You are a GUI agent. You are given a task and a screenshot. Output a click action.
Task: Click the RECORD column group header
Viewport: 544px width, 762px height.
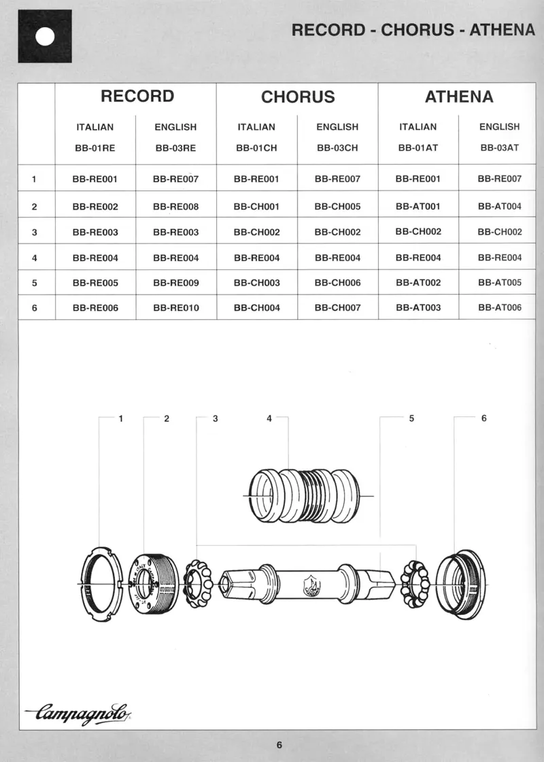coord(137,96)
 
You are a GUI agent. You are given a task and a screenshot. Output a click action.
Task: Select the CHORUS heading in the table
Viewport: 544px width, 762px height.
coord(298,97)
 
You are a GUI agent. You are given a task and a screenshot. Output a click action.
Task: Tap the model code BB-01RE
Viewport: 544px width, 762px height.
coord(95,147)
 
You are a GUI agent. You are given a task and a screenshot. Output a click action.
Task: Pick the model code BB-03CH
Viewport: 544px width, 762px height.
coord(337,147)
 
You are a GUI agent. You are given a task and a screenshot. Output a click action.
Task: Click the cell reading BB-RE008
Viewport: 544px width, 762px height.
coord(175,206)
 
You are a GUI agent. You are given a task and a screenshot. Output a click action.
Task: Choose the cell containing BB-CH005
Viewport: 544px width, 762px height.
coord(337,206)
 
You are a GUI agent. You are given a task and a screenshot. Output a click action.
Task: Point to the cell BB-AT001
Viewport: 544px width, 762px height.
coord(418,206)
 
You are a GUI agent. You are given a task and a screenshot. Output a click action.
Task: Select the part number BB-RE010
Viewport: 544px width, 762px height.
coord(175,308)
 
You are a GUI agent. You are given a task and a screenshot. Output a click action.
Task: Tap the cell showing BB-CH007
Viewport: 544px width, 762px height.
coord(337,308)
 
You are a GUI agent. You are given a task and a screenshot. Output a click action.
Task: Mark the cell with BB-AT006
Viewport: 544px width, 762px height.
coord(499,308)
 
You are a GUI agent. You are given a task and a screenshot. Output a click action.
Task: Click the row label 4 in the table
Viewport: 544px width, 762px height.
coord(34,258)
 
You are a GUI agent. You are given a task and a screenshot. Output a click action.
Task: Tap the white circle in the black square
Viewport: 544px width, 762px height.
coord(44,36)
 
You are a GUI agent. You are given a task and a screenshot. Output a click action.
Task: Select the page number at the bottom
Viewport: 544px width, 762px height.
coord(279,744)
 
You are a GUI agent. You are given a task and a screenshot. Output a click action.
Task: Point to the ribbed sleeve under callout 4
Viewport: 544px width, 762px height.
coord(307,496)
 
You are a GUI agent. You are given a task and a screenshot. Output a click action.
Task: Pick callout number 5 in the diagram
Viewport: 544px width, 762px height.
coord(411,419)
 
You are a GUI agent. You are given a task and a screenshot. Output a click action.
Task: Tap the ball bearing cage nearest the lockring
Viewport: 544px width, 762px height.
coord(198,584)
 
